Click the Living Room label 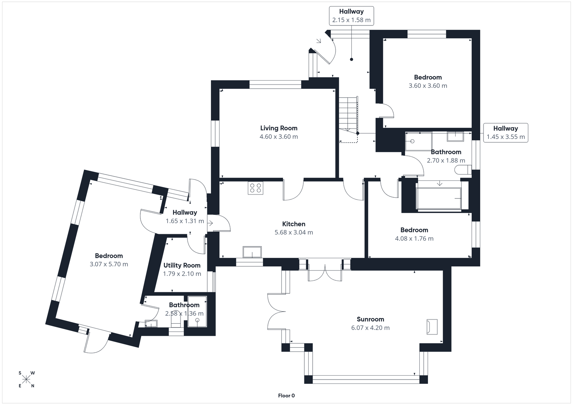[279, 128]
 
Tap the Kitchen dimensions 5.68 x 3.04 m [294, 232]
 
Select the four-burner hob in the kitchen [255, 188]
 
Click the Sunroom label [370, 319]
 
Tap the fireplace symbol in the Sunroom [432, 327]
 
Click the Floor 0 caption [286, 396]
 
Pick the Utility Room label [182, 265]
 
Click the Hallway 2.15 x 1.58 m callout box [351, 16]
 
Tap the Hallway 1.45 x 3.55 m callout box [505, 132]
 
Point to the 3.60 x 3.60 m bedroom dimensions [428, 86]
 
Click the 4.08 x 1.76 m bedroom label [414, 230]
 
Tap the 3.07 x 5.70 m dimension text [109, 265]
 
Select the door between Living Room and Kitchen [293, 190]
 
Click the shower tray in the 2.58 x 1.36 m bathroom [197, 312]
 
